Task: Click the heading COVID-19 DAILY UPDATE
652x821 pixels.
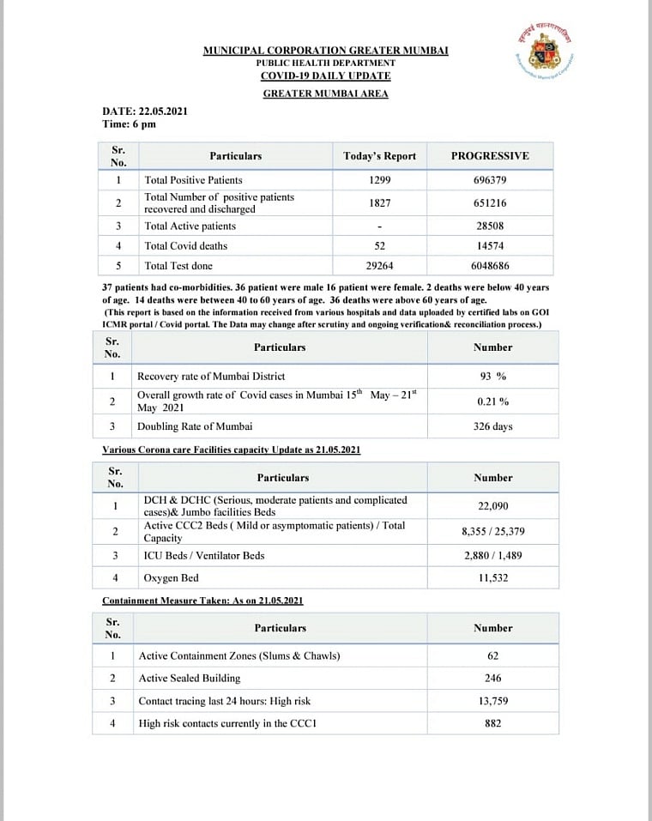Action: (325, 76)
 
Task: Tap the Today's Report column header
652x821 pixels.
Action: (379, 156)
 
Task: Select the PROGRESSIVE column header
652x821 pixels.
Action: (490, 156)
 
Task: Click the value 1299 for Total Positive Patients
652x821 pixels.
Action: (379, 180)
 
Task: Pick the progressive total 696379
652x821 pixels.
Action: (490, 180)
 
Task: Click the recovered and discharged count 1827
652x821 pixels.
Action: (379, 202)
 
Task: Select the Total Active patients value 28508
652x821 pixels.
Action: (490, 226)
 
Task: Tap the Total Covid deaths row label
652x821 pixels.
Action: (186, 246)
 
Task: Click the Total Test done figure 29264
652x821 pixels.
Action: (379, 266)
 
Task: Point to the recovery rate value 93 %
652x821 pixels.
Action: (493, 377)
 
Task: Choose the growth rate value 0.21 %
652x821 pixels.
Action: (493, 401)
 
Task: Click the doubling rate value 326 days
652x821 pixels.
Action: (493, 426)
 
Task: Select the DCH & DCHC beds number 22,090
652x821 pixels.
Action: (493, 506)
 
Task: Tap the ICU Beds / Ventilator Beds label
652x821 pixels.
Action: (204, 556)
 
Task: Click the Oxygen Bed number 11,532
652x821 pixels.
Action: (493, 578)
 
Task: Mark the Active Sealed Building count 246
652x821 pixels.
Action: (493, 679)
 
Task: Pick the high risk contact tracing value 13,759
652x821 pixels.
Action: (493, 701)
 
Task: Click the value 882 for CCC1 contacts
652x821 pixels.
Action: (493, 723)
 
